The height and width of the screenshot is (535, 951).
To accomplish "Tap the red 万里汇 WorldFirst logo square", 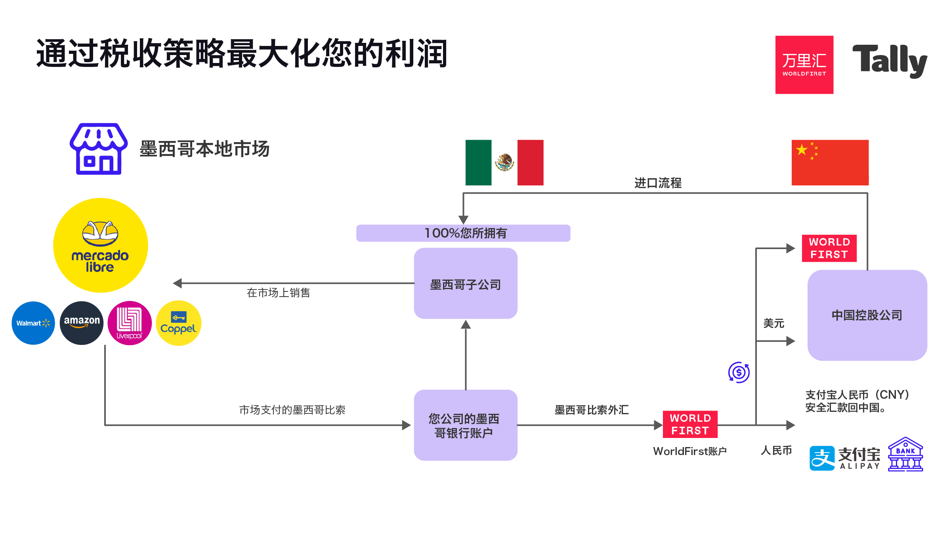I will click(804, 65).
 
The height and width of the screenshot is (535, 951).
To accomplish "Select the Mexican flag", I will click(504, 162).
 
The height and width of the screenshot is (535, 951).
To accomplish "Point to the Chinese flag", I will click(830, 162).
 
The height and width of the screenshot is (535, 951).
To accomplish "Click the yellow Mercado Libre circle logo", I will click(101, 245).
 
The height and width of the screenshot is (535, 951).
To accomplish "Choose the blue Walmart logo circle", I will click(33, 323).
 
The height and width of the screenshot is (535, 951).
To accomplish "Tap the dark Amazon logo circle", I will click(82, 323).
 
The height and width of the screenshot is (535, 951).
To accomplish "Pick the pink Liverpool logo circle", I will click(130, 323).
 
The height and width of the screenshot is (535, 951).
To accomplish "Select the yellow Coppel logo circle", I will click(178, 323).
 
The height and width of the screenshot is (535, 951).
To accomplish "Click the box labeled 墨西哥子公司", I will click(466, 284).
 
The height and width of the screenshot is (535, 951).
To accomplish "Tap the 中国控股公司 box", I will click(867, 315).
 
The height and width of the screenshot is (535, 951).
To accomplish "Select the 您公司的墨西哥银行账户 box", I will click(466, 425).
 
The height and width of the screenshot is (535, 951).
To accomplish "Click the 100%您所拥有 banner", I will click(463, 233).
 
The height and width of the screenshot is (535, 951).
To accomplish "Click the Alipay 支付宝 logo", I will click(844, 458).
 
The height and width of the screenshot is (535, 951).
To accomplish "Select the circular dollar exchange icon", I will click(739, 372).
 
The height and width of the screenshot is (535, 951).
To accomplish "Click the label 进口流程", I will click(658, 183).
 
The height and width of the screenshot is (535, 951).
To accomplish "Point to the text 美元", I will click(773, 324).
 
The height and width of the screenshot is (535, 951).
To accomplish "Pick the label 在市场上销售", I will click(278, 293).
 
